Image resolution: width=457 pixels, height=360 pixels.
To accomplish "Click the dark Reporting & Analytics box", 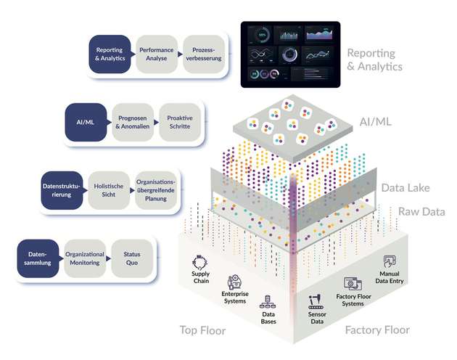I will pos(110,54).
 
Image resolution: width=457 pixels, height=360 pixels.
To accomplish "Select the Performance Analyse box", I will pos(156,54).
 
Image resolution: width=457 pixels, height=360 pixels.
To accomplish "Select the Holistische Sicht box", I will pos(110,190).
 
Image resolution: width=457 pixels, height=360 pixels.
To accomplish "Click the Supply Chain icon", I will pos(201,263).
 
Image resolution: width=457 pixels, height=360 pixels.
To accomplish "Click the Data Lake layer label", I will pos(405,188).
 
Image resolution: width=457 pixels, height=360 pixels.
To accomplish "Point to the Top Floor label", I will pos(203,331).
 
